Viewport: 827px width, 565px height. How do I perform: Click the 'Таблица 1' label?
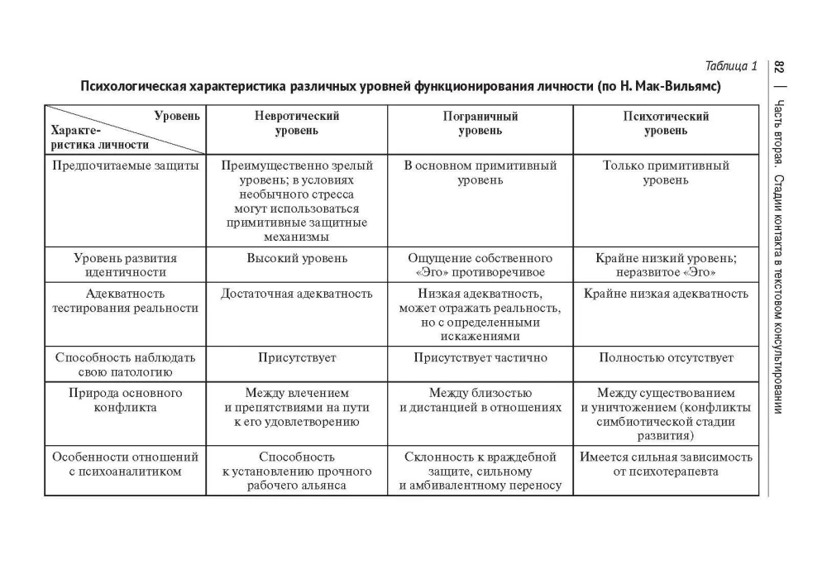(x=731, y=66)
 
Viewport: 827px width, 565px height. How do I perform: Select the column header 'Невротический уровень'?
(x=297, y=123)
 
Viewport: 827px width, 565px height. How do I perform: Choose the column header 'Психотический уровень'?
(x=665, y=123)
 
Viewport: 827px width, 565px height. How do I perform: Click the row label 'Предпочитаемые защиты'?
(x=125, y=165)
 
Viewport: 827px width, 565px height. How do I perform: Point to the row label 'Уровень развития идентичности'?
(x=125, y=265)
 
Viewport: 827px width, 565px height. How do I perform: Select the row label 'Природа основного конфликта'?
(x=125, y=400)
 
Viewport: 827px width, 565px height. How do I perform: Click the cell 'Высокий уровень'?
(x=297, y=258)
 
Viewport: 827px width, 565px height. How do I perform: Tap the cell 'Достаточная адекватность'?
(x=297, y=294)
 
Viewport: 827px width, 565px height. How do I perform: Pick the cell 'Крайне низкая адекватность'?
(x=665, y=294)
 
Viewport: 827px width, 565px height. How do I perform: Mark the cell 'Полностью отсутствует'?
(x=665, y=358)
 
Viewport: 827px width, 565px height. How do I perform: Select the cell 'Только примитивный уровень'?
(x=665, y=172)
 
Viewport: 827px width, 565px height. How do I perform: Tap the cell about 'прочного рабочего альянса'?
(x=297, y=471)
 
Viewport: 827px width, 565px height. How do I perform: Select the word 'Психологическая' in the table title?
(x=131, y=86)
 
